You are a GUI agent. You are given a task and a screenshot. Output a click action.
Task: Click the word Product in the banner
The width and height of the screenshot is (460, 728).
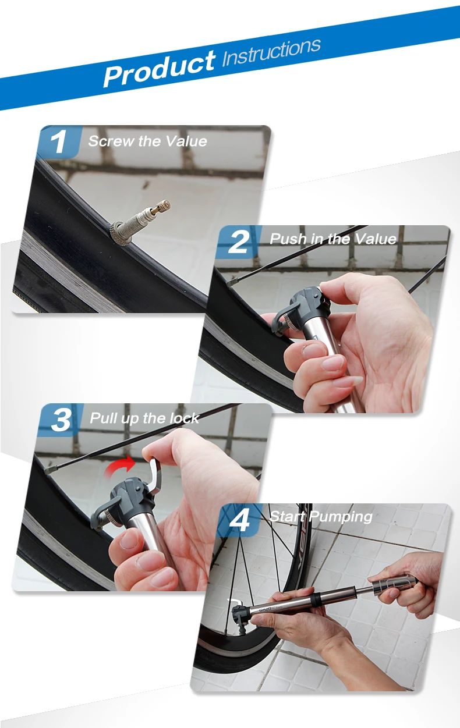tap(159, 69)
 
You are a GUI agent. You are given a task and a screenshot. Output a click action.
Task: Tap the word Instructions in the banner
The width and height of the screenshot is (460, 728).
tap(271, 52)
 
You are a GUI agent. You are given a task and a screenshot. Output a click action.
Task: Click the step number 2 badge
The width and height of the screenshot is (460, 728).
tap(239, 242)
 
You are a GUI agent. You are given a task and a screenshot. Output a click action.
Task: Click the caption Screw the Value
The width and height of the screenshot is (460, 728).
tap(147, 141)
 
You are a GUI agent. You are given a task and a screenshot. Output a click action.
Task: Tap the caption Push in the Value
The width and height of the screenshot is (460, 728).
tap(333, 239)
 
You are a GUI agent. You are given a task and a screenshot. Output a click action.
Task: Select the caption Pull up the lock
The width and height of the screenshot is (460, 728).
tap(144, 418)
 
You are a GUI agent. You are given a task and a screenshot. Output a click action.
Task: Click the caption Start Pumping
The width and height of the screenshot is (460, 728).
tap(321, 516)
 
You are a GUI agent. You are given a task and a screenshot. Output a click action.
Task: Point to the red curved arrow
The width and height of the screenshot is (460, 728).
tap(119, 466)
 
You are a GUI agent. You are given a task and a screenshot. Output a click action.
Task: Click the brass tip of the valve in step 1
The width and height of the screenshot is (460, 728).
tap(161, 207)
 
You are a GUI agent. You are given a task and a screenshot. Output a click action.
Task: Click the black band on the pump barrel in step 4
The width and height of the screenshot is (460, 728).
tap(316, 599)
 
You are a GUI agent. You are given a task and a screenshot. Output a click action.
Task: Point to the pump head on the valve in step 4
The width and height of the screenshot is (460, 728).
tap(240, 616)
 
